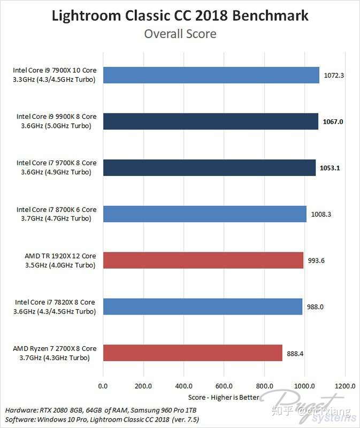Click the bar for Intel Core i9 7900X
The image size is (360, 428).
(x=211, y=75)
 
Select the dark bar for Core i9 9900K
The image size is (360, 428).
(x=210, y=121)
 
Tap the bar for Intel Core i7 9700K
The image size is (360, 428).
(x=209, y=167)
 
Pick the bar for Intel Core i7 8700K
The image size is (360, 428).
(x=204, y=214)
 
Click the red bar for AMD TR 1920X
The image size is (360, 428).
(x=203, y=260)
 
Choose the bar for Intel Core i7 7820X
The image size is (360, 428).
(x=203, y=306)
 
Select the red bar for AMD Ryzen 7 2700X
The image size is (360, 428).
(x=193, y=353)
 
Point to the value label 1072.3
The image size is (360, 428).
(x=334, y=75)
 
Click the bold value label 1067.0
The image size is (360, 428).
(x=333, y=121)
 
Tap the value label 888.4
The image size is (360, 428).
(x=295, y=353)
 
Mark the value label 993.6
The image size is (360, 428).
(x=317, y=260)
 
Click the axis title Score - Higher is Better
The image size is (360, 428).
(x=224, y=397)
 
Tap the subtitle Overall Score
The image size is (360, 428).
(x=180, y=34)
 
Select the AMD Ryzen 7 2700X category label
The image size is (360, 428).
(x=55, y=353)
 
